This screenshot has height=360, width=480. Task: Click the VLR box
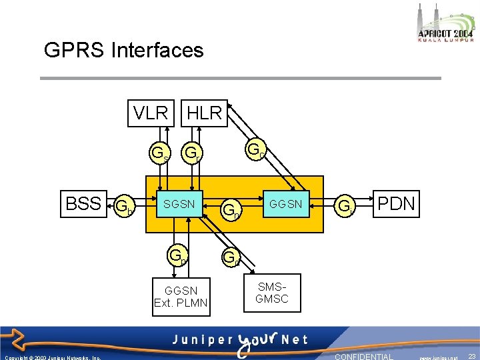[151, 113]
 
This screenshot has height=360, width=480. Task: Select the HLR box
[204, 113]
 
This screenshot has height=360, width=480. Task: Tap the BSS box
[83, 203]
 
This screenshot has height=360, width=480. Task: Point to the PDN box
[397, 203]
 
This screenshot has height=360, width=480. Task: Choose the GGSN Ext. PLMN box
[181, 296]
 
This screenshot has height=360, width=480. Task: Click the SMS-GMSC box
[272, 293]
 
